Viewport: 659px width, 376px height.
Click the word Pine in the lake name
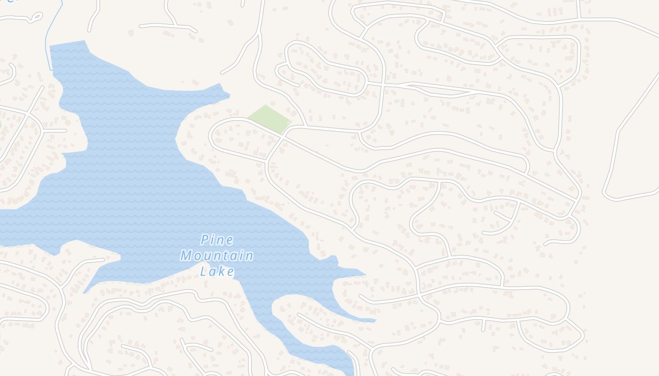[x=217, y=240]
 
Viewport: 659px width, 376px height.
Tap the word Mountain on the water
[x=217, y=256]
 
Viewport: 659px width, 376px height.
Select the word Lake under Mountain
[x=217, y=272]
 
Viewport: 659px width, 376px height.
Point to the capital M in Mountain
[x=186, y=256]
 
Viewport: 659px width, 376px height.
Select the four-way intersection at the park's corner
[x=283, y=135]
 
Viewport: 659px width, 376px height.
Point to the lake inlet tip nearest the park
[x=229, y=96]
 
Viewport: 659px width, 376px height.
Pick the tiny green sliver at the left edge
[x=0, y=125]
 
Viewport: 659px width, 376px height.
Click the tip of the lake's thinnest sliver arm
[x=375, y=321]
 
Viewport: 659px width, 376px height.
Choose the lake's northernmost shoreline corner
[x=85, y=41]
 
